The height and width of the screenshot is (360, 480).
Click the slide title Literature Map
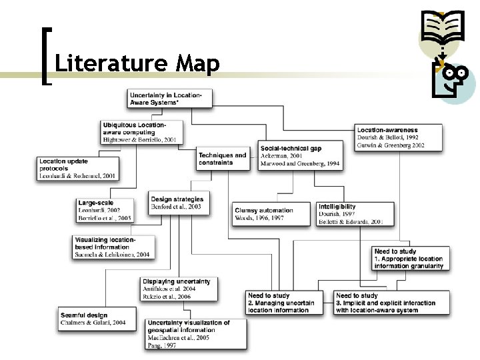pos(137,65)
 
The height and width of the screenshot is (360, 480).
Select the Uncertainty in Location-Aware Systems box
pos(170,97)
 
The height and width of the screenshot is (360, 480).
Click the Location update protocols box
pos(79,169)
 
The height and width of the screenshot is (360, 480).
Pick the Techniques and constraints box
pos(221,159)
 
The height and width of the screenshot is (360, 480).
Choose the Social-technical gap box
pos(299,154)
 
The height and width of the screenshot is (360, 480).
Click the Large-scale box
pos(105,209)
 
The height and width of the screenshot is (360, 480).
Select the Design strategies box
pos(177,203)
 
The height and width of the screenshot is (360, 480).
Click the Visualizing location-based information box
pos(113,247)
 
